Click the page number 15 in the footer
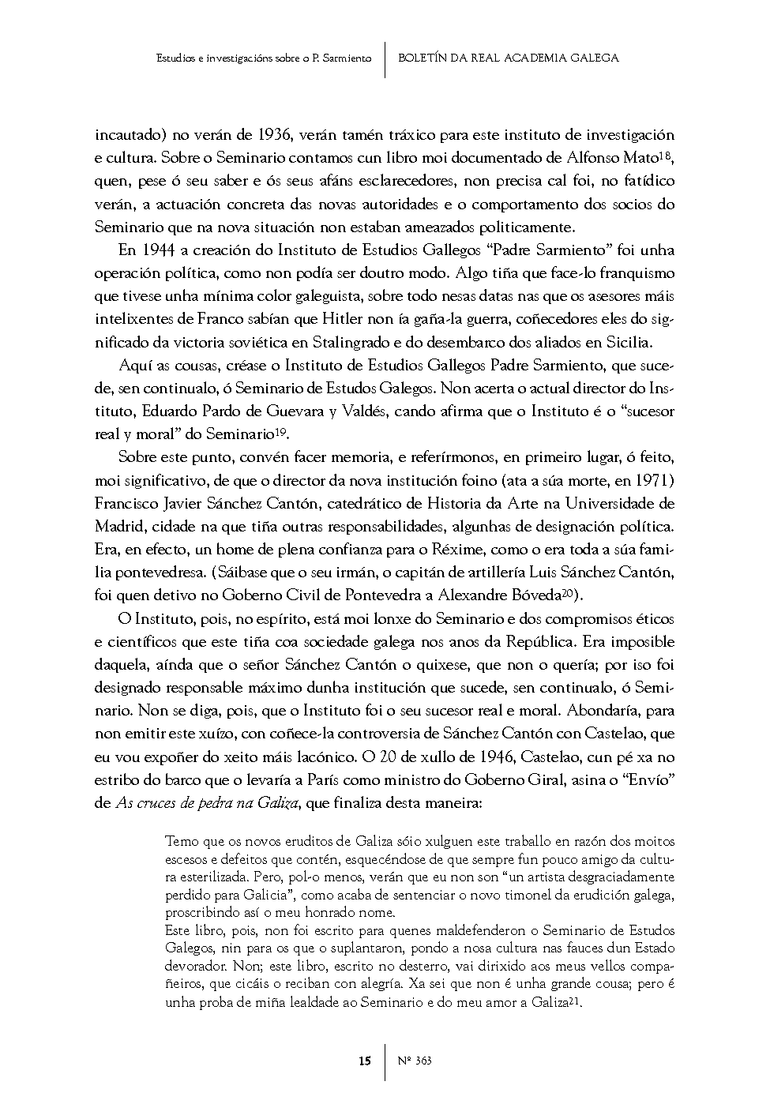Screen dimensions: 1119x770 (x=365, y=1061)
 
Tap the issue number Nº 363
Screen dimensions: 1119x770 (x=415, y=1061)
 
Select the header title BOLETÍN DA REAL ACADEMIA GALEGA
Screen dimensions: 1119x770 (x=509, y=58)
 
